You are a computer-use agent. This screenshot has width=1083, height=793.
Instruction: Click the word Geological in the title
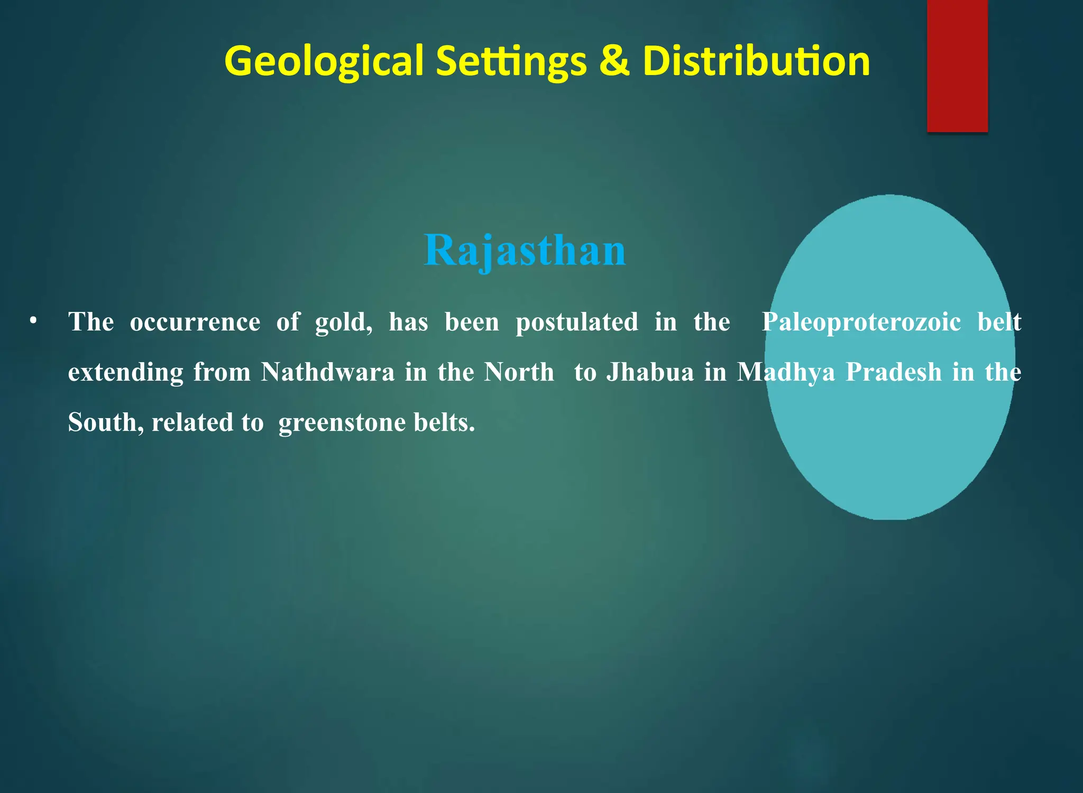(324, 61)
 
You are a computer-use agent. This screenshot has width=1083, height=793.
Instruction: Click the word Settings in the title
(511, 61)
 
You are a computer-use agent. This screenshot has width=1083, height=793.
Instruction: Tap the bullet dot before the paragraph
(33, 321)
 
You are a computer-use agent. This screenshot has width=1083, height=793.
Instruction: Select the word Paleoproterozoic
(861, 322)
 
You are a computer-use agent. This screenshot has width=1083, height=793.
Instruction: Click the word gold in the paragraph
(343, 322)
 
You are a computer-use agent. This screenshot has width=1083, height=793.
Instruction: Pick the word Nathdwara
(328, 372)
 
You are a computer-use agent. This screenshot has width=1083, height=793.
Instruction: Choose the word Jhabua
(650, 372)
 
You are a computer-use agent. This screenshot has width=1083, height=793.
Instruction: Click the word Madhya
(786, 372)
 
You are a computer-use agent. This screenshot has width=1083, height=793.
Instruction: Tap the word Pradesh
(894, 372)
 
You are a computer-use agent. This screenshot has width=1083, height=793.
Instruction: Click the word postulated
(577, 322)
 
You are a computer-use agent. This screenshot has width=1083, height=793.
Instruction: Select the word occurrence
(195, 322)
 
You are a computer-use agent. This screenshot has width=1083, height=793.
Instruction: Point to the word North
(519, 372)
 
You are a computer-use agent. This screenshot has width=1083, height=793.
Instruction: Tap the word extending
(126, 372)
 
